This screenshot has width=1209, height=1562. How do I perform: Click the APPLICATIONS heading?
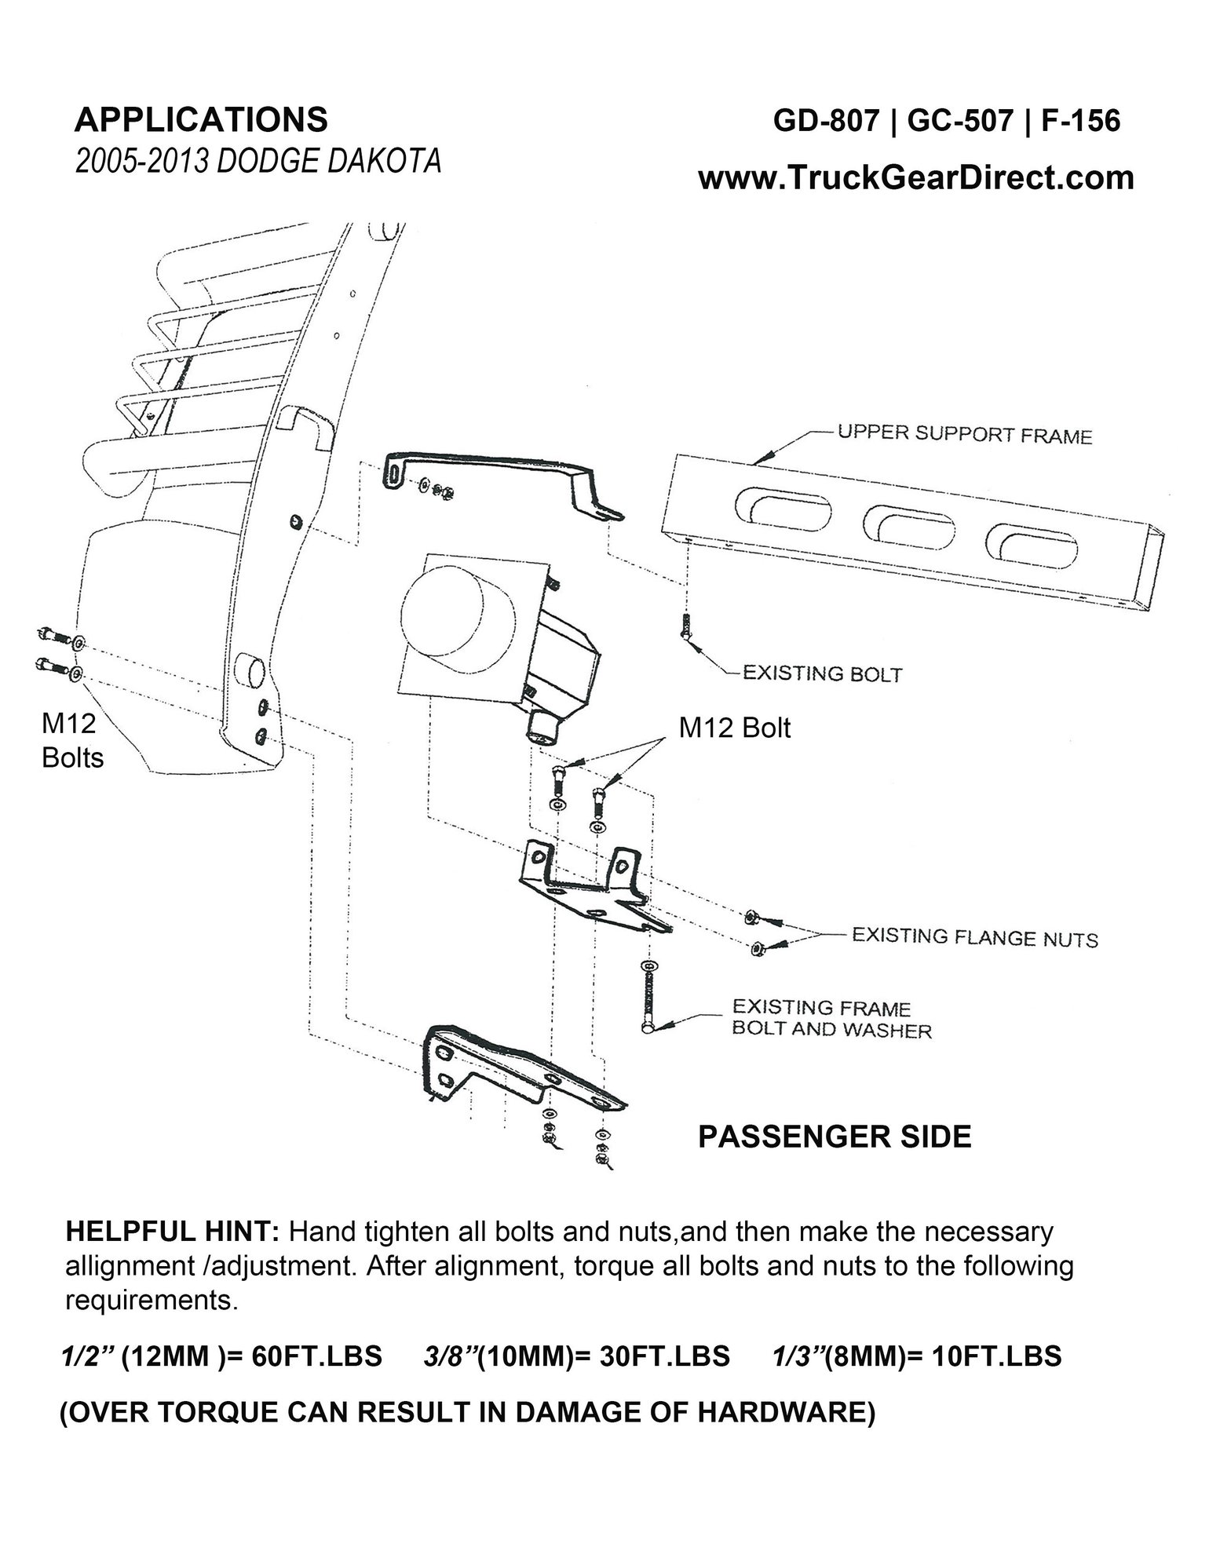click(201, 120)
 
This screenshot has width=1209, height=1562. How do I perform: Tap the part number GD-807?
click(826, 121)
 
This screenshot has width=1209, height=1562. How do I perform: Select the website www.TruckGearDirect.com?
click(916, 177)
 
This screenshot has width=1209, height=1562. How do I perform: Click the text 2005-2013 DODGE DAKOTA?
click(258, 161)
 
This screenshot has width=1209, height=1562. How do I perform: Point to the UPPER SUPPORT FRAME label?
click(965, 434)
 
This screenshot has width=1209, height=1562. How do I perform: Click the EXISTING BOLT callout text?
click(822, 673)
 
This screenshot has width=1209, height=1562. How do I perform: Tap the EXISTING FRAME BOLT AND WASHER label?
click(831, 1018)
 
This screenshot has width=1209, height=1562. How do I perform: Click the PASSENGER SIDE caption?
click(835, 1137)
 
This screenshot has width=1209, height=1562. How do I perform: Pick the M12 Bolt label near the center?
click(735, 728)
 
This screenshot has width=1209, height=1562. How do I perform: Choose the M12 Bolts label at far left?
click(72, 741)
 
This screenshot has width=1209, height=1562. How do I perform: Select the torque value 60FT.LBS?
click(317, 1356)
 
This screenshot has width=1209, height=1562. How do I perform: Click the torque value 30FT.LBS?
click(665, 1356)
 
